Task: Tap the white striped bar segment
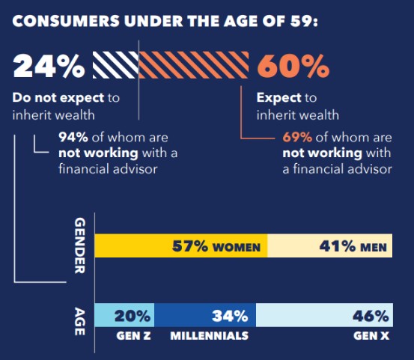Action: (115, 66)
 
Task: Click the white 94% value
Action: (73, 137)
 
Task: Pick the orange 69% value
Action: (297, 137)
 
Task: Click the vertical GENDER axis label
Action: (80, 246)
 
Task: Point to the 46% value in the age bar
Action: (371, 316)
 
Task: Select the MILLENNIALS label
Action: (209, 336)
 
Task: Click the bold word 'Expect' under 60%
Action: (278, 98)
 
